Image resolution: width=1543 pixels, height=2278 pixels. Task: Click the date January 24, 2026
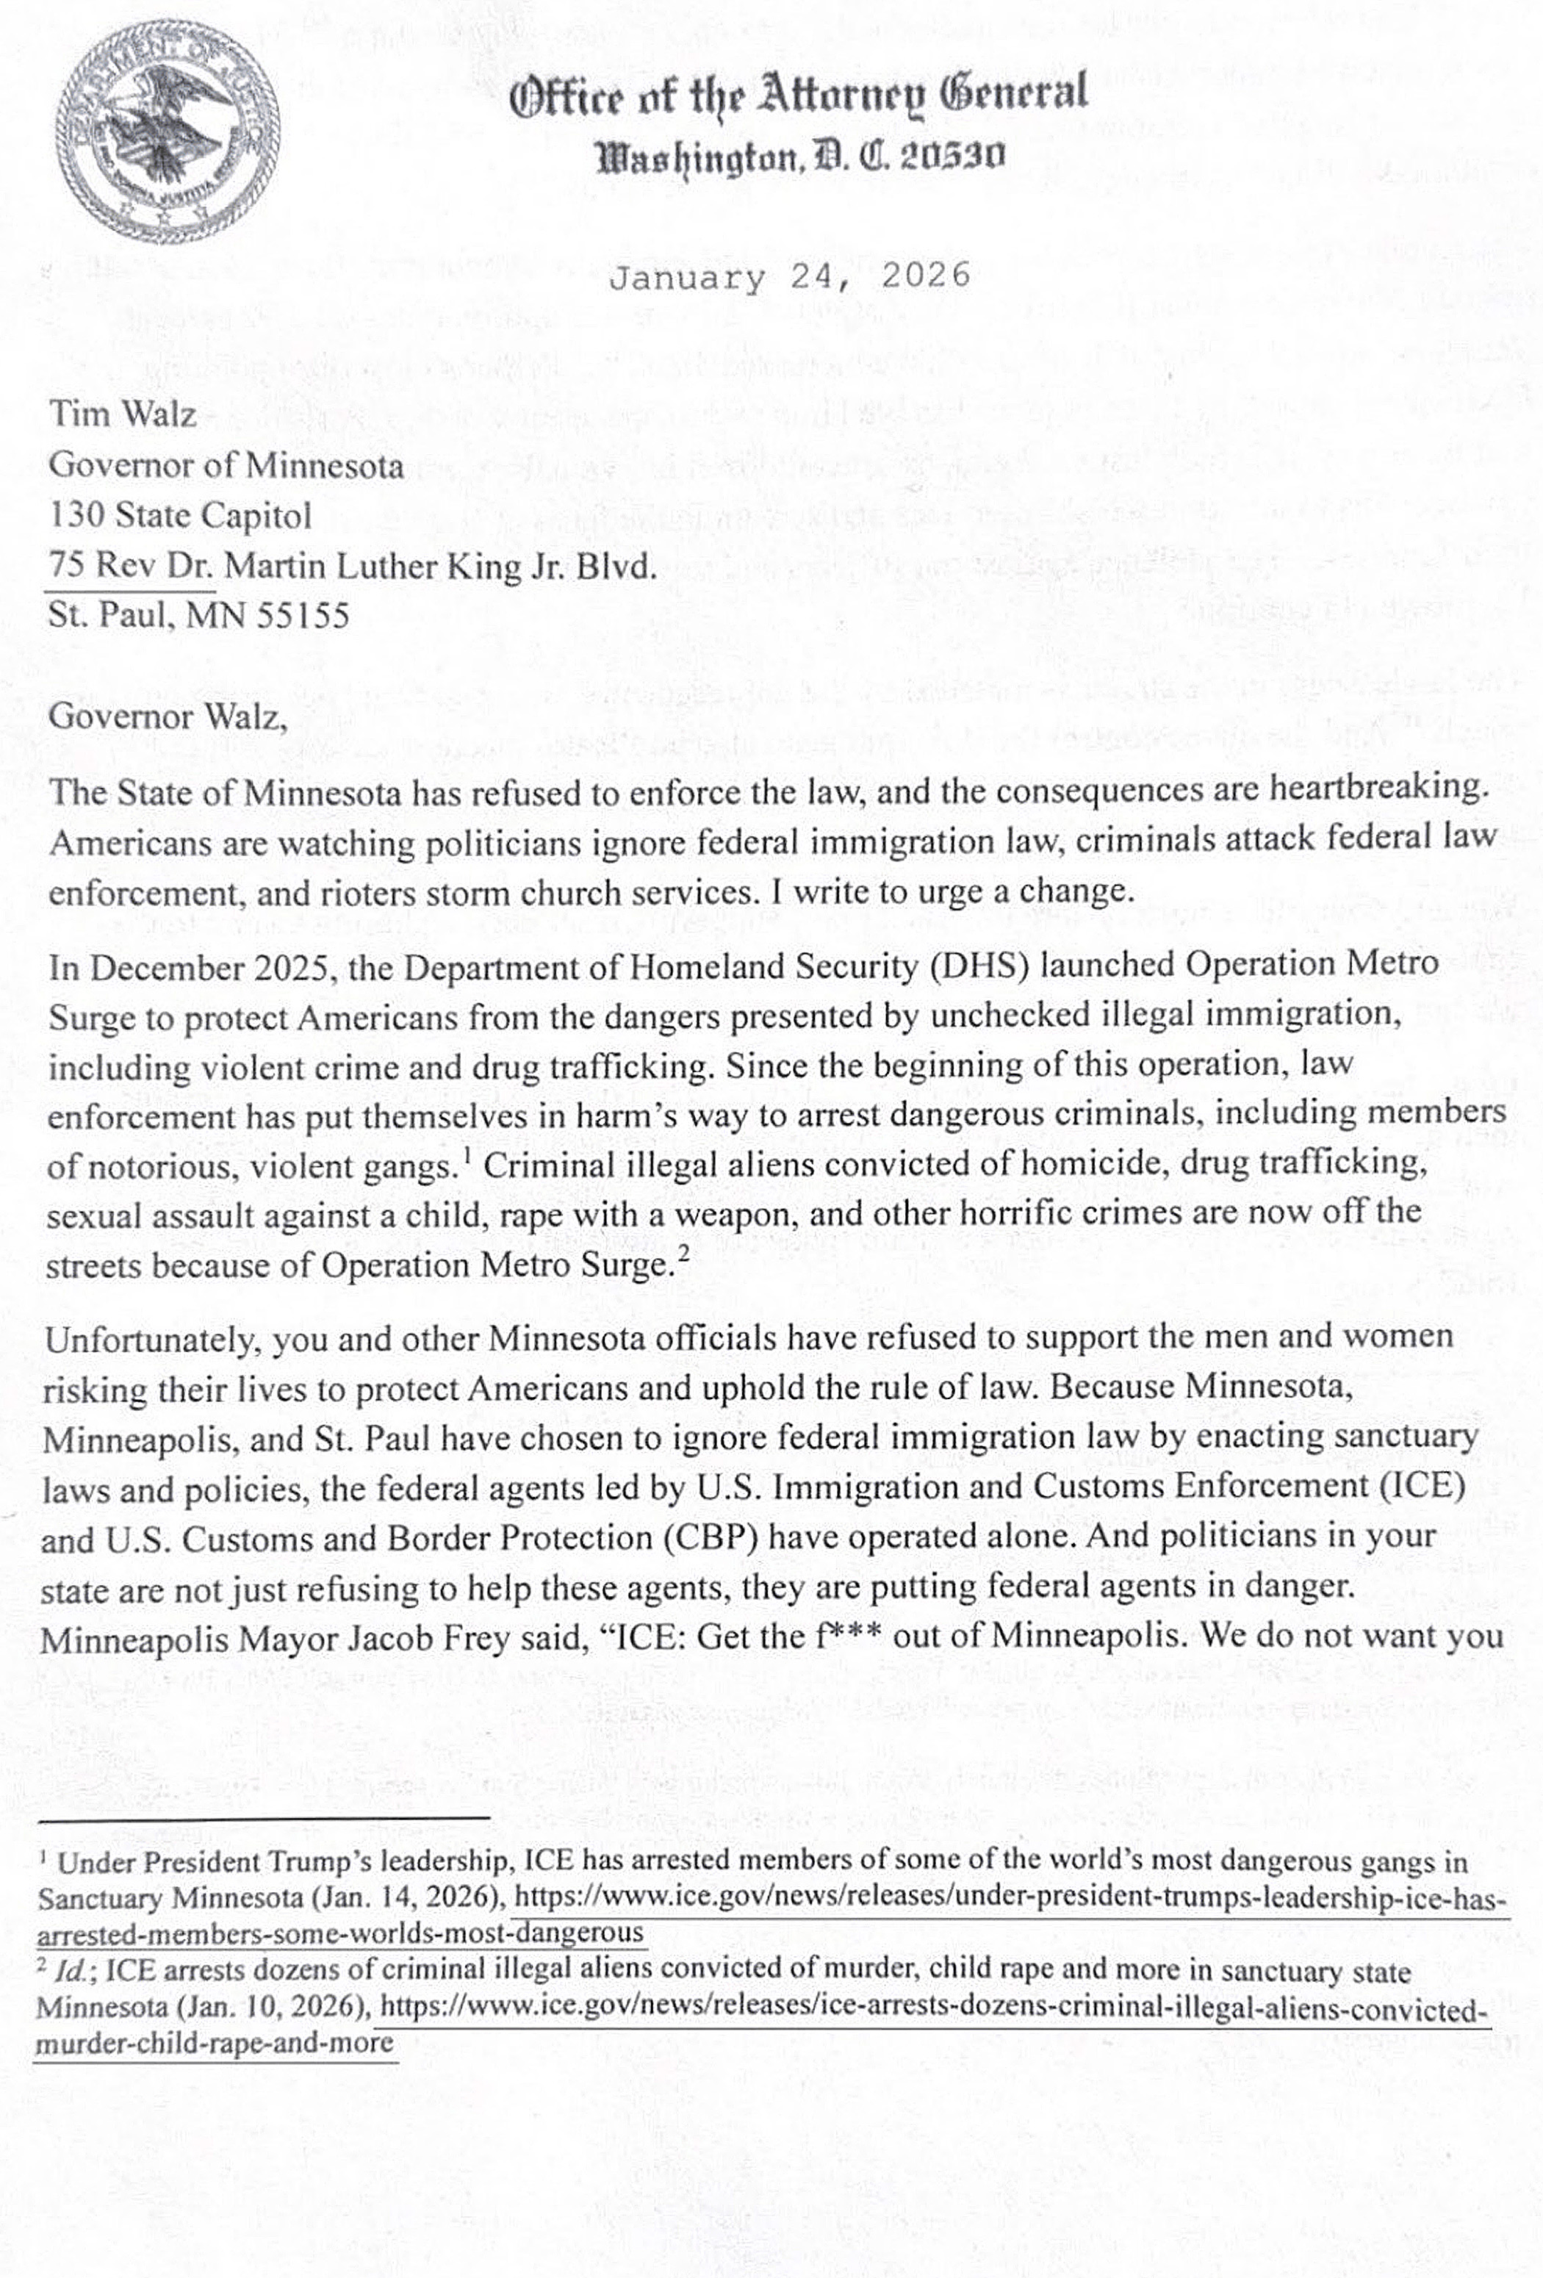789,276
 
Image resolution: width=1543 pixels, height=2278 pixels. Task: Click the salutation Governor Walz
168,716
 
